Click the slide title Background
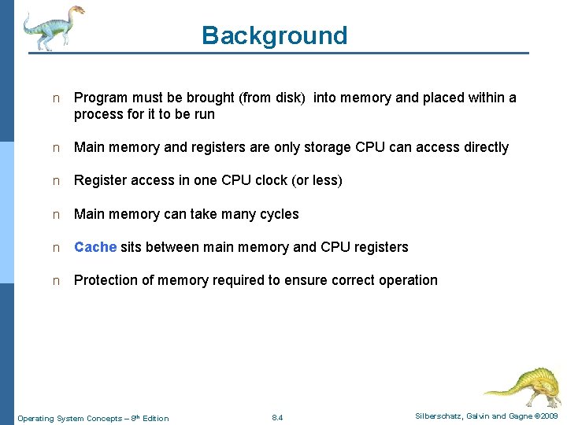[274, 35]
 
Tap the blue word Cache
[95, 247]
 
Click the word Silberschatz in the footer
[439, 416]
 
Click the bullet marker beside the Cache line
[55, 247]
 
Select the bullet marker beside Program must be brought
[55, 98]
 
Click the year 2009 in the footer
[549, 416]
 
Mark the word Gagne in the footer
[521, 416]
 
